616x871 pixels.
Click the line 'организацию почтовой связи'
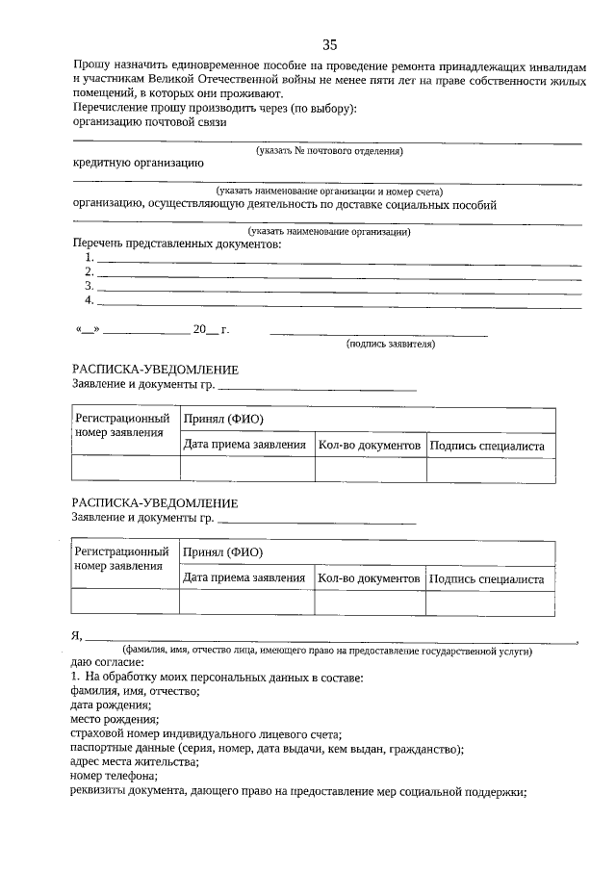149,122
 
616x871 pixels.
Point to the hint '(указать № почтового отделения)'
328,151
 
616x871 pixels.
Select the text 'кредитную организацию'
138,164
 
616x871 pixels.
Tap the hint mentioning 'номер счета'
329,192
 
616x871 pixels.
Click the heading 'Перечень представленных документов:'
177,244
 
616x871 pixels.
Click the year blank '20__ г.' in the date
210,329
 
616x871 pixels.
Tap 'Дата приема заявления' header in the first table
244,446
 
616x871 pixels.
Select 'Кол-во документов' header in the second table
370,579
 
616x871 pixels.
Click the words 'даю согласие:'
106,663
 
